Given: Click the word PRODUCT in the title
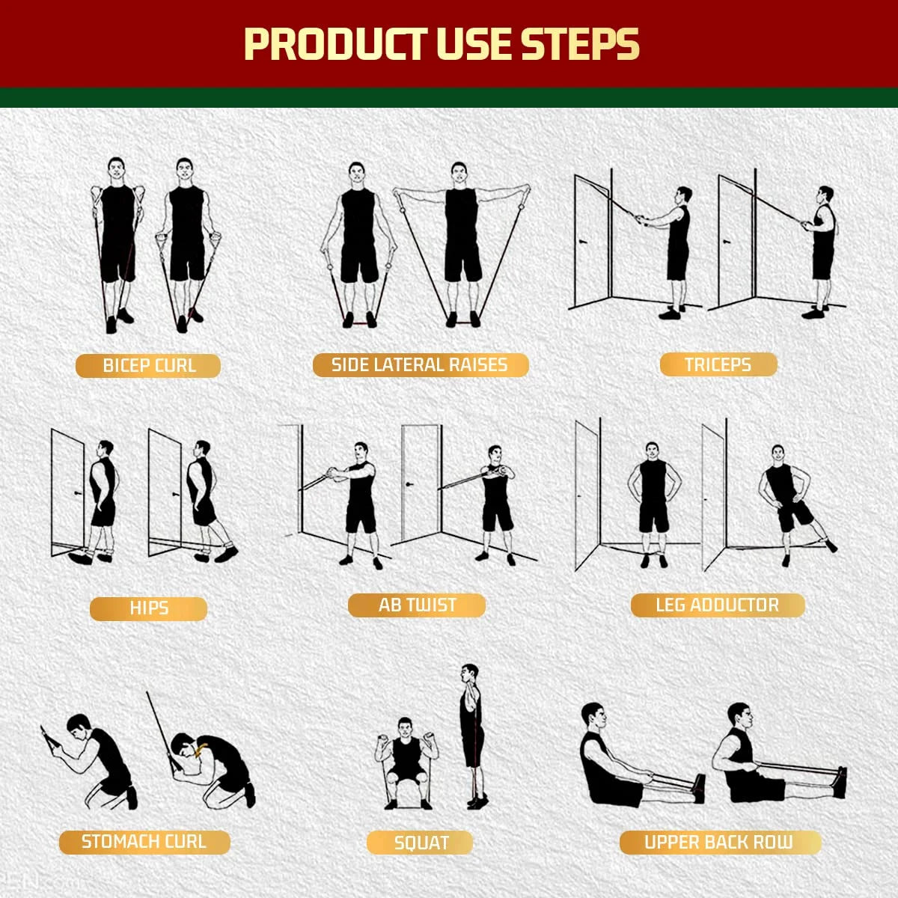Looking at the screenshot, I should pyautogui.click(x=335, y=45).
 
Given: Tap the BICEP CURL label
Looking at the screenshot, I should pyautogui.click(x=148, y=366).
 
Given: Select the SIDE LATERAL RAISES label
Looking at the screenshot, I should pyautogui.click(x=420, y=365).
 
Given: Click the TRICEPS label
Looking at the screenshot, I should pyautogui.click(x=718, y=365).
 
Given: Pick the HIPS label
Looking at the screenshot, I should pyautogui.click(x=148, y=608).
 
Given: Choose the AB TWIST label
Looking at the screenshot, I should pyautogui.click(x=417, y=605).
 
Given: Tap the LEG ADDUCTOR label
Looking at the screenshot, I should pyautogui.click(x=717, y=605).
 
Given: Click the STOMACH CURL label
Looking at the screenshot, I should pyautogui.click(x=144, y=842).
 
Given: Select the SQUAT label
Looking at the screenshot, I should pyautogui.click(x=421, y=843).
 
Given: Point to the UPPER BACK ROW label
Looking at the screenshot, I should pyautogui.click(x=719, y=843).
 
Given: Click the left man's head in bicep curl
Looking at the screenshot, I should pyautogui.click(x=116, y=168).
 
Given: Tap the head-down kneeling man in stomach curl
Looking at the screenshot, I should pyautogui.click(x=213, y=767).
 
